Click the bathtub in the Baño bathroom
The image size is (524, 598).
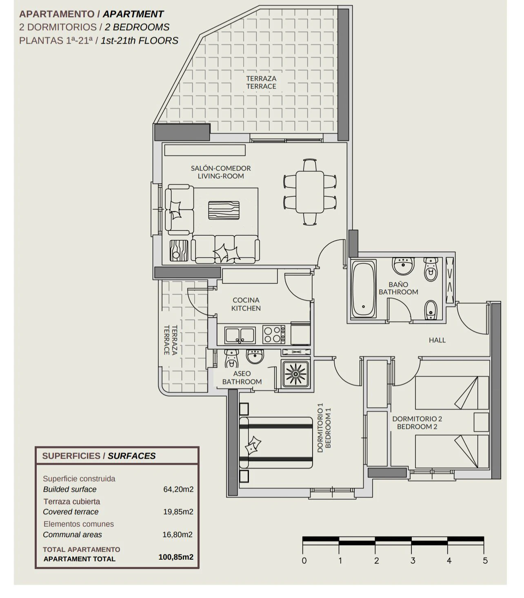coord(363,289)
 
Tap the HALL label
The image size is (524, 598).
coord(437,340)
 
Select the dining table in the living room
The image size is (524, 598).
coord(310,192)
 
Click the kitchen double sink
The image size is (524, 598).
coord(240,335)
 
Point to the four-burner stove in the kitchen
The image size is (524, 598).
coord(273,334)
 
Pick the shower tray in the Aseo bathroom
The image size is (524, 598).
coord(296,374)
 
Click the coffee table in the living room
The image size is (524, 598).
coord(224,210)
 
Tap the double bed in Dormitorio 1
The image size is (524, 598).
coord(276,443)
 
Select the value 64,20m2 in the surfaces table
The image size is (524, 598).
coord(178,489)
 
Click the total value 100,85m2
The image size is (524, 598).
coord(176,557)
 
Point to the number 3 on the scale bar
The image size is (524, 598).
coord(413,560)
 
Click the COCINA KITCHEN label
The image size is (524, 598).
coord(246,304)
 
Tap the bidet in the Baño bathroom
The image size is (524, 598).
coord(431,310)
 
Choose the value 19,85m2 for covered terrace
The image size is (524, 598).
coord(178,512)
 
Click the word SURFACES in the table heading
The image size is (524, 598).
coord(132,456)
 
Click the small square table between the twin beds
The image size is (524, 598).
coord(481,422)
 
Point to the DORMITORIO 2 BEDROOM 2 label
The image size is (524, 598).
coord(417,423)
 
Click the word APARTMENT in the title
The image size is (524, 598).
coord(133,14)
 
